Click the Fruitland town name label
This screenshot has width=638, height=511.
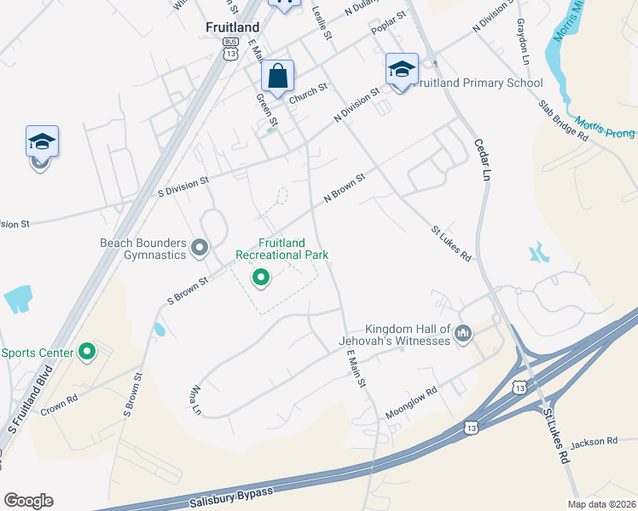click(x=232, y=27)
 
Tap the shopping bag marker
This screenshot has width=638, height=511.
click(x=278, y=76)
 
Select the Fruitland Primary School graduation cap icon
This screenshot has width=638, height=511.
click(x=401, y=69)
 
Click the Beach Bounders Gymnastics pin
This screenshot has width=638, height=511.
click(x=200, y=248)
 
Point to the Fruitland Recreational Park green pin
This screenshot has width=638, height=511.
click(x=260, y=277)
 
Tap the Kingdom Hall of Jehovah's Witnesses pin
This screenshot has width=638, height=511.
click(x=463, y=332)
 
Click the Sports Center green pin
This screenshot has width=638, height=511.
click(x=87, y=351)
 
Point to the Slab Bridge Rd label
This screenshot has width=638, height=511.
click(x=564, y=120)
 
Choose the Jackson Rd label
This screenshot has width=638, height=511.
click(x=594, y=441)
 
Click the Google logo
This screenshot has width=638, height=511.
click(x=28, y=501)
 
